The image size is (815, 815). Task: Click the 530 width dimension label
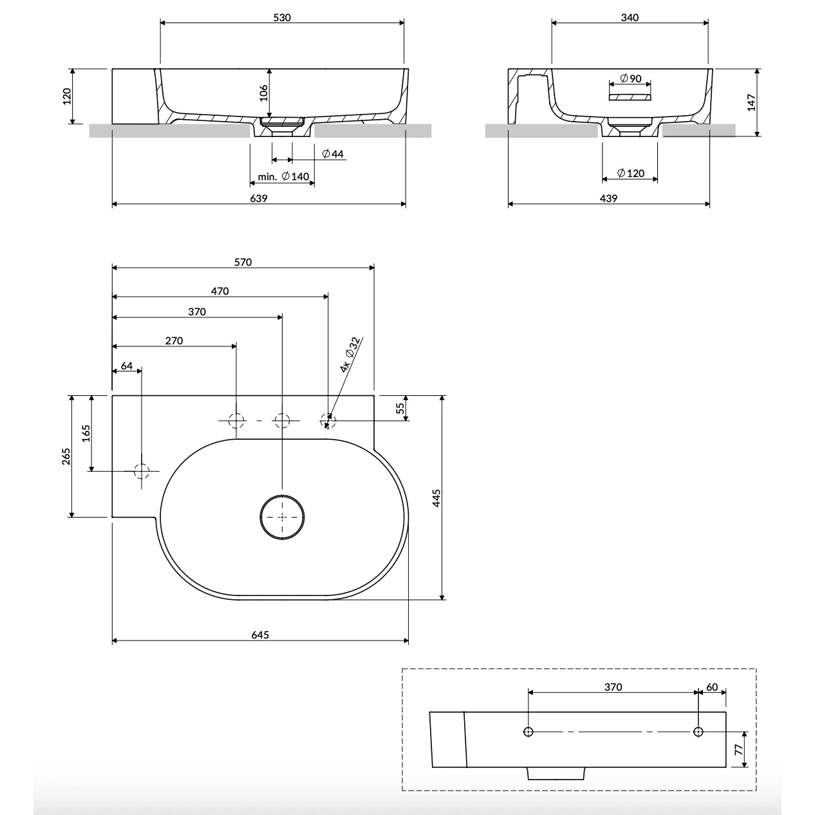pyautogui.click(x=282, y=17)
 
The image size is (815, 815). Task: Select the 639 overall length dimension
pyautogui.click(x=258, y=198)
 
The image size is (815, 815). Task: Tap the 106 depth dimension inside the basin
pyautogui.click(x=263, y=93)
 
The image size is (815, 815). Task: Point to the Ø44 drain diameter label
pyautogui.click(x=333, y=154)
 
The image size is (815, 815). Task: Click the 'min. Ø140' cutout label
pyautogui.click(x=283, y=176)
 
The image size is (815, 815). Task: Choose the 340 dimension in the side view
pyautogui.click(x=630, y=17)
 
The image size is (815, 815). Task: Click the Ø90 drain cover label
pyautogui.click(x=631, y=79)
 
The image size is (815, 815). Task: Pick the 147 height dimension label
pyautogui.click(x=751, y=103)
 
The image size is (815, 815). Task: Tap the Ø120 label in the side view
pyautogui.click(x=631, y=173)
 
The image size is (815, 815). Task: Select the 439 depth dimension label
pyautogui.click(x=608, y=198)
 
